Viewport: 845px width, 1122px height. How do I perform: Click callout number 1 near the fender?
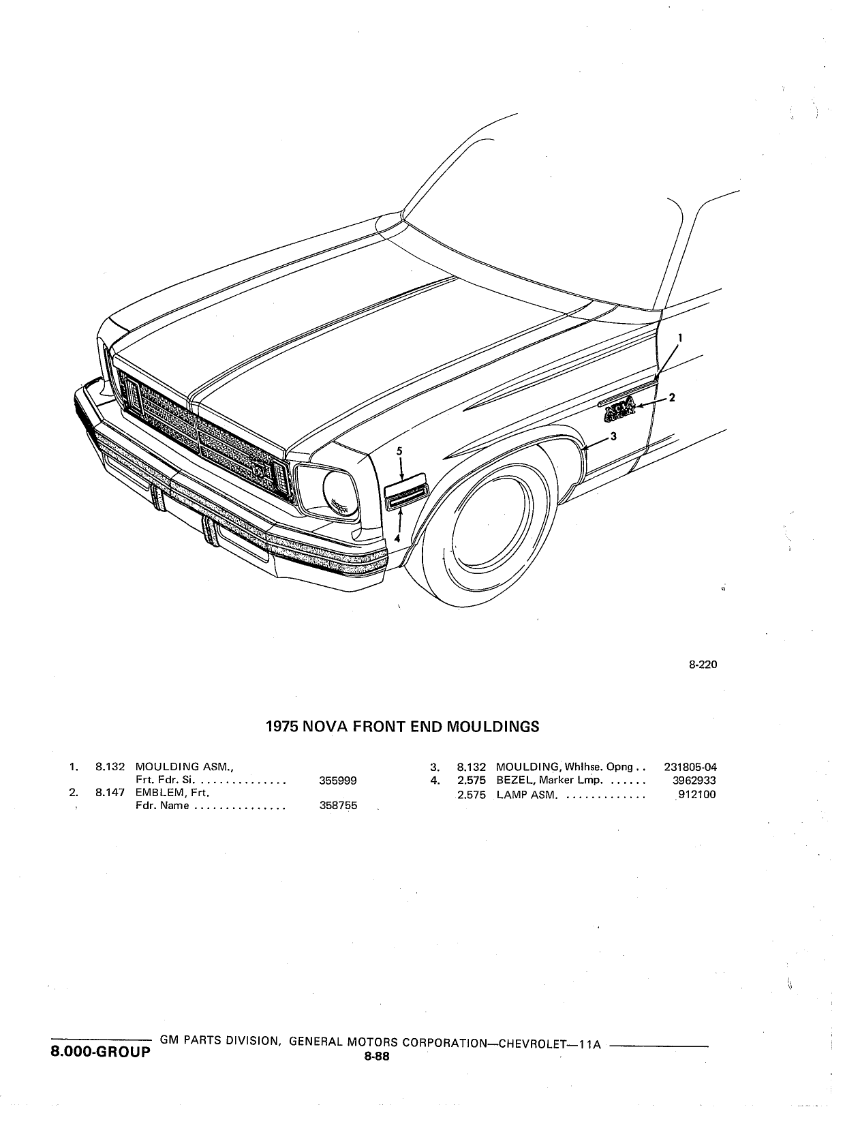pos(679,337)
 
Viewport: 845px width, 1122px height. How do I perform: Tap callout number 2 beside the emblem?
pos(672,397)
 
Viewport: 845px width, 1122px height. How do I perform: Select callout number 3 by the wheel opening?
pos(613,436)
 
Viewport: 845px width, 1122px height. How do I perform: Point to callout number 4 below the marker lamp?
pos(397,538)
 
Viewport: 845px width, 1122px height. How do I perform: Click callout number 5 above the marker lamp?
pos(399,451)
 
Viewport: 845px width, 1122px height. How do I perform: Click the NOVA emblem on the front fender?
pos(619,410)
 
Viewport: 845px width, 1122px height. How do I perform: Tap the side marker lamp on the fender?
pos(405,491)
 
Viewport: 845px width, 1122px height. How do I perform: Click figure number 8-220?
pos(703,665)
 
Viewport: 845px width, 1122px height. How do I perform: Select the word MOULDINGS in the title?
pos(493,727)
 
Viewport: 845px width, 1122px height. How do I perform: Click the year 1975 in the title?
pos(282,727)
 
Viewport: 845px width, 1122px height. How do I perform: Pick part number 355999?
pos(338,780)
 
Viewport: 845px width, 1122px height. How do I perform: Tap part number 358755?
pos(338,806)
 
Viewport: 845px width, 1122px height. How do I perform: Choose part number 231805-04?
pos(690,767)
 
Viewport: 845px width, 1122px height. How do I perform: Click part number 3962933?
pos(694,780)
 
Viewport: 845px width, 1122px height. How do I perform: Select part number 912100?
pos(696,794)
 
